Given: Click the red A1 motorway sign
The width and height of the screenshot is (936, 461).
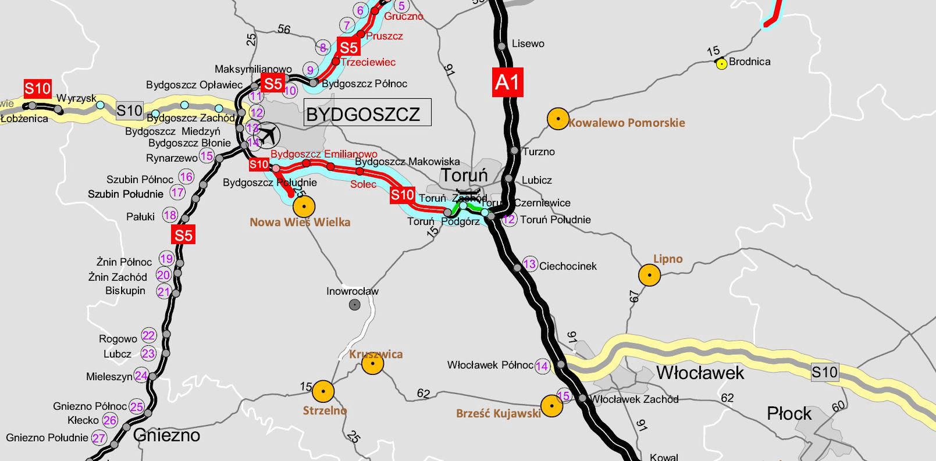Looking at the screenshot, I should click(507, 82).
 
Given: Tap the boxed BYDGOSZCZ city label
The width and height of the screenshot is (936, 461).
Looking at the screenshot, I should click(367, 113).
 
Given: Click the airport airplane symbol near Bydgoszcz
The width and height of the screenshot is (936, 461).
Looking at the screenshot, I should click(268, 135).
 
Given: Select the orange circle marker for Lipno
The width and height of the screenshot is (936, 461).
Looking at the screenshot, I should click(649, 275).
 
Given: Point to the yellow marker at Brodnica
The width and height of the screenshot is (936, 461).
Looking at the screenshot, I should click(721, 64).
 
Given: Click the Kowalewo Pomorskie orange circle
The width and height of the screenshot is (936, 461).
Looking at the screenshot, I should click(558, 119).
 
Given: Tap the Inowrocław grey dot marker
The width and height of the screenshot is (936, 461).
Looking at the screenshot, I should click(354, 304).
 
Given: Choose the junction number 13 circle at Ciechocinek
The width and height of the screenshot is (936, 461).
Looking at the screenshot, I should click(529, 264).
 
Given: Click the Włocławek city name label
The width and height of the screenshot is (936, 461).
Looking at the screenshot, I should click(700, 373).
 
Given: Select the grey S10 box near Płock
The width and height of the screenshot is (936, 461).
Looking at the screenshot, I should click(824, 372).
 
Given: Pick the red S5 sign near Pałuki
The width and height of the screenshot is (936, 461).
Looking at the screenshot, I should click(183, 235).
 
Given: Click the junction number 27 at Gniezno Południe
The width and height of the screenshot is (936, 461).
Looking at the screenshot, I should click(99, 438).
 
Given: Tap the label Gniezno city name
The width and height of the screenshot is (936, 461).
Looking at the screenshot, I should click(166, 435).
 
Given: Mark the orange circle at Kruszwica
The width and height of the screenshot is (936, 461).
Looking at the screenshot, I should click(372, 364).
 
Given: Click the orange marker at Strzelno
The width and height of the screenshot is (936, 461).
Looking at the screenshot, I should click(323, 392).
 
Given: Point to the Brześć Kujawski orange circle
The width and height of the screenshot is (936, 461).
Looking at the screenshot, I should click(551, 405).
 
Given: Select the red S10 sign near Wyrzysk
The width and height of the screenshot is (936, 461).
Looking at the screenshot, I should click(38, 89).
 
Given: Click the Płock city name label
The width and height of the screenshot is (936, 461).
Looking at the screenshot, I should click(789, 414).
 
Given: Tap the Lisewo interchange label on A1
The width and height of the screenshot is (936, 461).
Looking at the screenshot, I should click(528, 44).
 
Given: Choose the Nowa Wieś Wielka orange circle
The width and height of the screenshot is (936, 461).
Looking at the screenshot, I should click(304, 206).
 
